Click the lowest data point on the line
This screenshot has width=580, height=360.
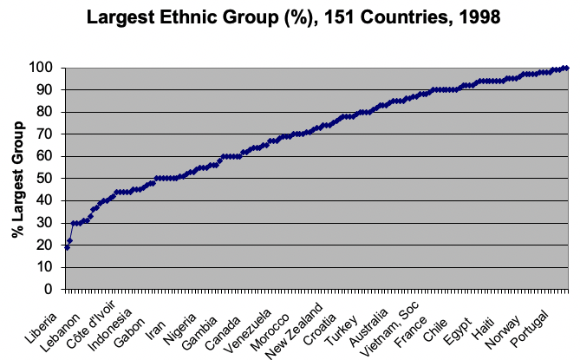(67, 247)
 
